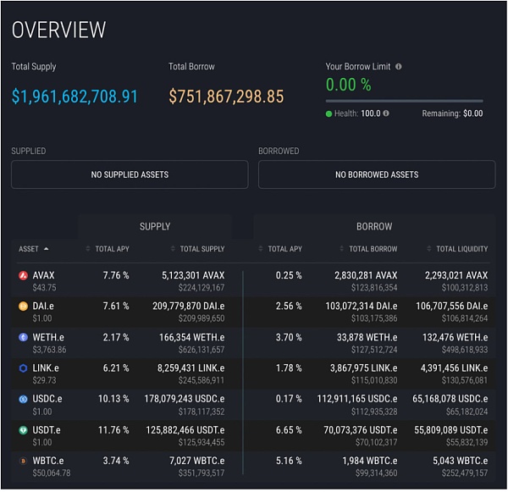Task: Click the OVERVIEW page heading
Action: (x=58, y=30)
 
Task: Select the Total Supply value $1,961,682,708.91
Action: (x=75, y=97)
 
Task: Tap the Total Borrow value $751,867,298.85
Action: (x=226, y=97)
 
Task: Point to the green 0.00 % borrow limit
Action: (x=348, y=85)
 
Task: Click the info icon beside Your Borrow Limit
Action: (x=399, y=66)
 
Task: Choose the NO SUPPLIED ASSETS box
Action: (x=130, y=174)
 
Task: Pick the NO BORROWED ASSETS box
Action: (x=377, y=174)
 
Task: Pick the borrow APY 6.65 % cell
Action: (x=289, y=429)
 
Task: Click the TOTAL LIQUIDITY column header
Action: (x=461, y=249)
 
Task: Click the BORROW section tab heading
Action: (x=374, y=226)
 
